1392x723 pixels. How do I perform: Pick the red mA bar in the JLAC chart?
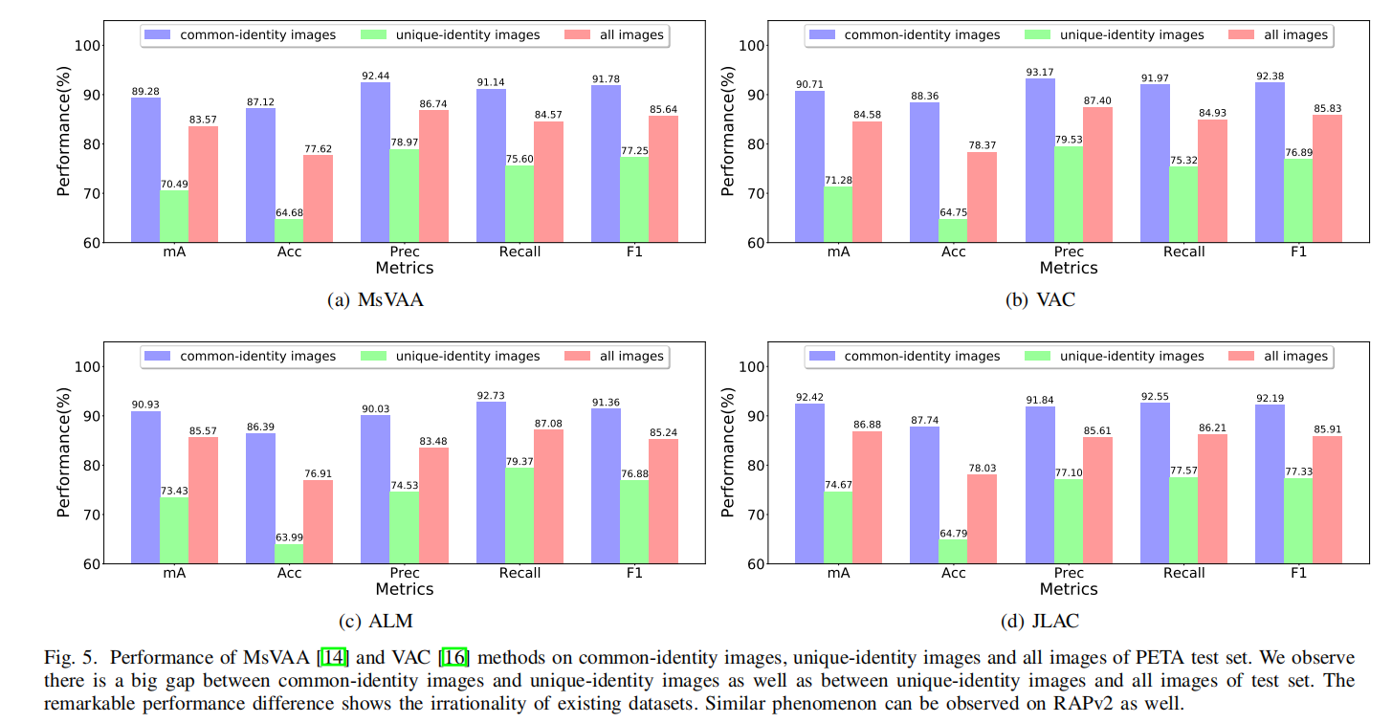(x=868, y=497)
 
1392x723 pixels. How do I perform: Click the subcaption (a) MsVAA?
(x=375, y=299)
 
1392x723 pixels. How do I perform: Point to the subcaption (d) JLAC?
(x=1040, y=621)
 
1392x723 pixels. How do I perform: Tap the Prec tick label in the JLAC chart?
(x=1069, y=573)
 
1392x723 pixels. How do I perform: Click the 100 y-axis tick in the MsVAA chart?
(x=89, y=46)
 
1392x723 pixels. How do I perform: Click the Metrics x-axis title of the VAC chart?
(x=1069, y=269)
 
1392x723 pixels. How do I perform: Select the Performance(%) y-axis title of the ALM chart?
(x=63, y=454)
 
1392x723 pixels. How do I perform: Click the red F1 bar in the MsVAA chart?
(x=663, y=179)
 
